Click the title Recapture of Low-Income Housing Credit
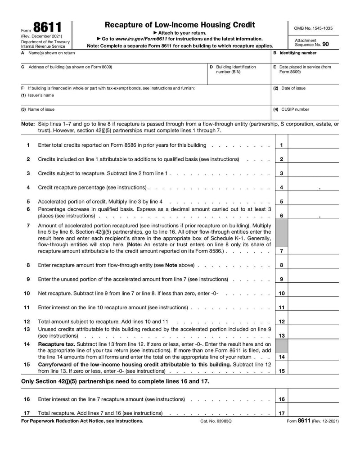[180, 25]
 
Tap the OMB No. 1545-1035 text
[313, 28]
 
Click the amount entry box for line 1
[313, 145]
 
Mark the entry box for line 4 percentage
[313, 187]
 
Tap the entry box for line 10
[313, 293]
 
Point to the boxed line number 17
[281, 413]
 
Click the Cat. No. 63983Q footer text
[216, 421]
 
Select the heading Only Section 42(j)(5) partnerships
[115, 381]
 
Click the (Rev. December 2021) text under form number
[42, 36]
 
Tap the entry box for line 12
[313, 321]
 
